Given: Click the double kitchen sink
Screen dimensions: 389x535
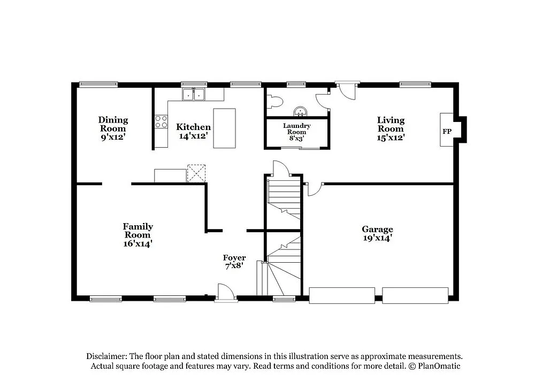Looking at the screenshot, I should coord(194,95).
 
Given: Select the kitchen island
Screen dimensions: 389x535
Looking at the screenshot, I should coord(224,128).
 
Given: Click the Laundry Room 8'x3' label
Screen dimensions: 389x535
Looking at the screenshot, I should coord(296,132).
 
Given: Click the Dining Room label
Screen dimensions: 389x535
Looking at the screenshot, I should coord(113,124).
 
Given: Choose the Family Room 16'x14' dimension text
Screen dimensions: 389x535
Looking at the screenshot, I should coord(137,243).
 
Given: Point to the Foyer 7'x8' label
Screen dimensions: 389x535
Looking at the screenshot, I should coord(234,262).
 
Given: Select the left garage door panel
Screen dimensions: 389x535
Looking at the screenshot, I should coord(342,295).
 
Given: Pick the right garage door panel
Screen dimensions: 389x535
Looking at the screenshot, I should coord(415,295).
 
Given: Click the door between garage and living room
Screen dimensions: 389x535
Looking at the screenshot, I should coord(316,188).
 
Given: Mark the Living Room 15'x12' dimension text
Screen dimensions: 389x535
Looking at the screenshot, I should coord(391,137).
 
